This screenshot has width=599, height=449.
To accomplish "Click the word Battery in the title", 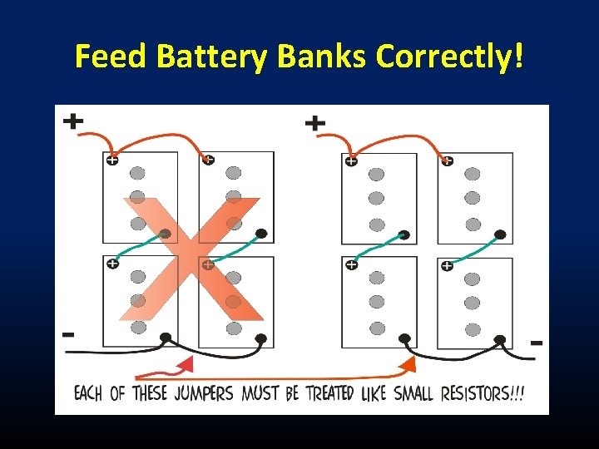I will click(211, 56).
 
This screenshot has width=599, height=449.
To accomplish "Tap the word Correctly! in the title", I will click(450, 56).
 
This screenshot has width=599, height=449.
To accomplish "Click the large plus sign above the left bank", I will click(73, 121).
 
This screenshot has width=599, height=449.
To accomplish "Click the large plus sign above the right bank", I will click(314, 124).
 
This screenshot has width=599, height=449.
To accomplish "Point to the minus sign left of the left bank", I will click(68, 334).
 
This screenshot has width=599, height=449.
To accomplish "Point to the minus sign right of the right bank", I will click(537, 342).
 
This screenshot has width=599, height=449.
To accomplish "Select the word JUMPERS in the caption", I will click(204, 392).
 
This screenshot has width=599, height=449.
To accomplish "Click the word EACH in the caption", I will click(88, 392).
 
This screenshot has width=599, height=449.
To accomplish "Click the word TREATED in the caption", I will click(329, 392).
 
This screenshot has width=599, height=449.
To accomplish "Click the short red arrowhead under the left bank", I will click(187, 364).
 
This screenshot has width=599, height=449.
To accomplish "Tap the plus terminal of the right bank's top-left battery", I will click(351, 161).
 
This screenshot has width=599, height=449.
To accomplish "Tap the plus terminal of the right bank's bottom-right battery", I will click(447, 266).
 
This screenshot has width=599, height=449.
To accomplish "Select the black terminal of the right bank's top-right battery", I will click(500, 234).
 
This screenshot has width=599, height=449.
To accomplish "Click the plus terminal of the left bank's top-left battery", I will click(111, 160).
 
